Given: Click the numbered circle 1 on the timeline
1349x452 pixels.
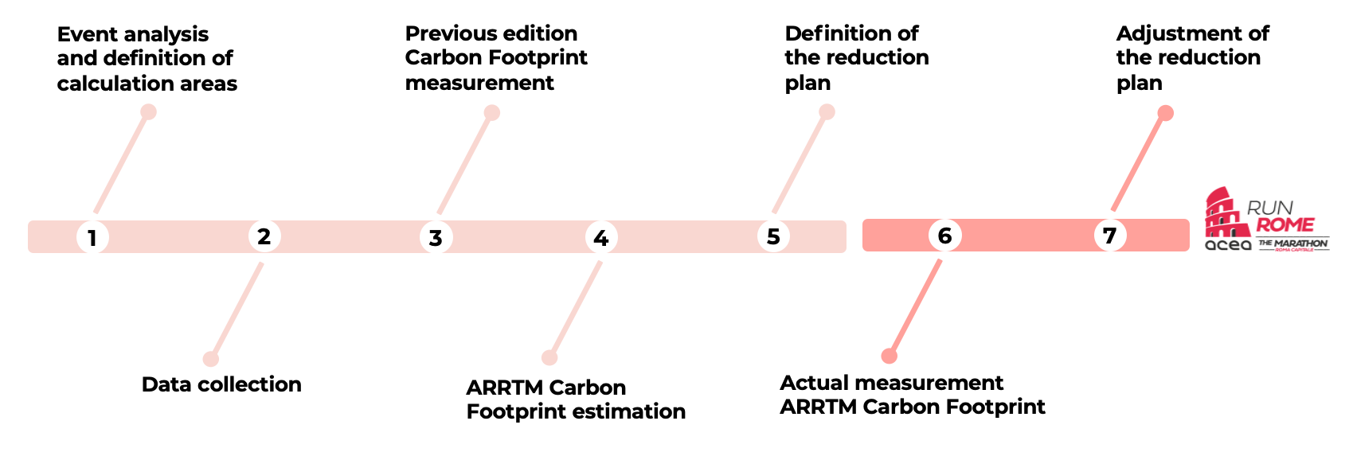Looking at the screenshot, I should click(92, 237).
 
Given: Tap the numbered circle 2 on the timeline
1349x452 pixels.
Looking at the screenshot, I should click(264, 236).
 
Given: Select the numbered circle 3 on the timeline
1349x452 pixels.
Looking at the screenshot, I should click(436, 237).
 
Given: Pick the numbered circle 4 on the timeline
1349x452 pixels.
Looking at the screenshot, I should click(601, 237).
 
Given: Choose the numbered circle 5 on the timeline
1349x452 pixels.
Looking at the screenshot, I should click(773, 236).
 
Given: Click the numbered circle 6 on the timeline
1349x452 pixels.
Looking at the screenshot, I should click(945, 236).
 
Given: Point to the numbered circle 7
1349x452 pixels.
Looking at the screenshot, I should click(1110, 236).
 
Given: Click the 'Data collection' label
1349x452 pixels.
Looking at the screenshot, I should click(221, 384).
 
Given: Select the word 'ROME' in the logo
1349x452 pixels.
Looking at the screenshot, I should click(1284, 224).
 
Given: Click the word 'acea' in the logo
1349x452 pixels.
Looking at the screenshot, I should click(1228, 245).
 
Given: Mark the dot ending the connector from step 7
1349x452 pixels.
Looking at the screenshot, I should click(1165, 113).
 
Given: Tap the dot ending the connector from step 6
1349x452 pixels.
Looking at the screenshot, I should click(890, 356).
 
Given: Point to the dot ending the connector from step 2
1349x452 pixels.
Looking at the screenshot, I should click(210, 359).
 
